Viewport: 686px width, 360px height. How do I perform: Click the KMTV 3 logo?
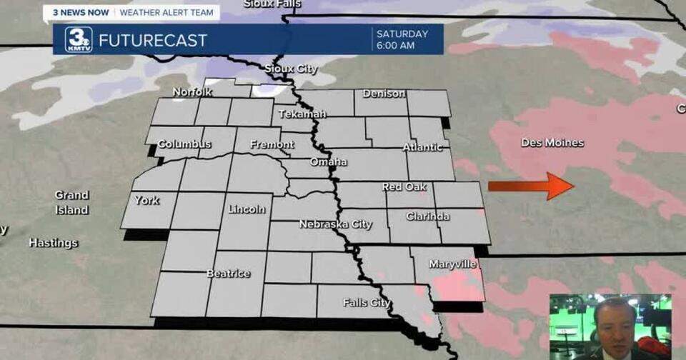78,39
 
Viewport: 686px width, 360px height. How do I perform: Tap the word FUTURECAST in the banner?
152,40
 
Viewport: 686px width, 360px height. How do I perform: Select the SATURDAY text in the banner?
402,34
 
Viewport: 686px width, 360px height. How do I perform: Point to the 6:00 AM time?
395,46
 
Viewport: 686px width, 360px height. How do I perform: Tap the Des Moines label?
552,143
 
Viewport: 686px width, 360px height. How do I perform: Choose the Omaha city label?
328,162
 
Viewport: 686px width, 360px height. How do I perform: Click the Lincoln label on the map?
247,209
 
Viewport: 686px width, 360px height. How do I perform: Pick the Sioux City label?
291,69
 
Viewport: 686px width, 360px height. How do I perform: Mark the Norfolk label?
192,92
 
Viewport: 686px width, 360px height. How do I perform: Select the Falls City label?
367,303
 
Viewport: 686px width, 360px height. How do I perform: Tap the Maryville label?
452,264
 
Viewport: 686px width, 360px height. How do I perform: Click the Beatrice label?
228,274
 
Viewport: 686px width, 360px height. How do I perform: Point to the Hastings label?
53,243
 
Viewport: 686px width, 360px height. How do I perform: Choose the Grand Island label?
72,202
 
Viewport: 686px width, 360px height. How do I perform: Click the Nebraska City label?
335,224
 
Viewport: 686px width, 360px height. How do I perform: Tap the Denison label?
384,94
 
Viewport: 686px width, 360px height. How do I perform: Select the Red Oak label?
404,187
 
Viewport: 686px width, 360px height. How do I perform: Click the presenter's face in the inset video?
617,319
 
